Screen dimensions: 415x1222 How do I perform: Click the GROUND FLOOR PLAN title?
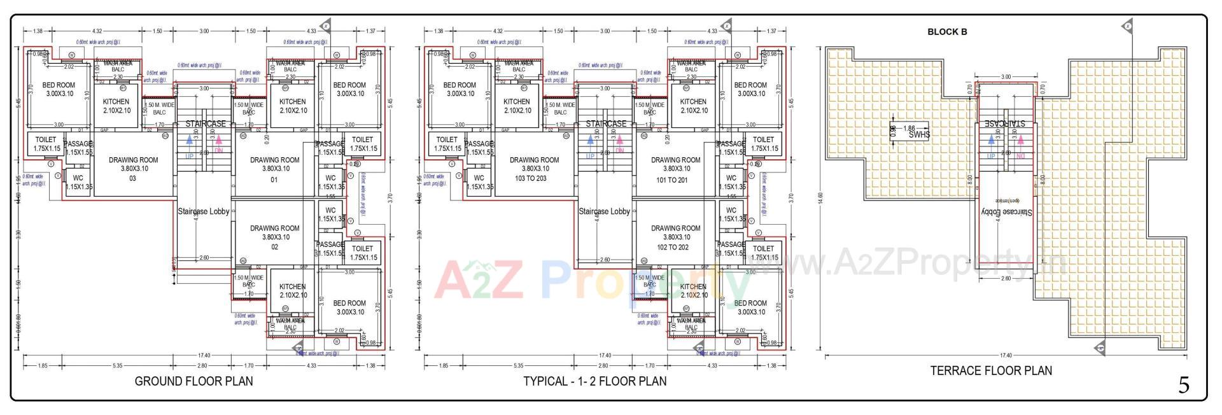tap(193, 381)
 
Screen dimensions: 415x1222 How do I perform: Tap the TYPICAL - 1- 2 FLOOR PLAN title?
tap(594, 381)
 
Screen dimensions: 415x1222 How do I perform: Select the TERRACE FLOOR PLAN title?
tap(990, 370)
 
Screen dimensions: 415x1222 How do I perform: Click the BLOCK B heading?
tap(947, 32)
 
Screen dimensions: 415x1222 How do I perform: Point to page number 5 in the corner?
tap(1183, 385)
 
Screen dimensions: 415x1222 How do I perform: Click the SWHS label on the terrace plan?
tap(919, 135)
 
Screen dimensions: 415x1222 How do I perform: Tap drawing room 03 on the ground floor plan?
tap(133, 169)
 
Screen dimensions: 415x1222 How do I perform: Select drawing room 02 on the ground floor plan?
tap(274, 237)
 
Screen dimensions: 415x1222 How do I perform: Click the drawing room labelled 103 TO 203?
tap(534, 169)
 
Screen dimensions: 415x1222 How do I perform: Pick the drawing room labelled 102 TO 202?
tap(675, 237)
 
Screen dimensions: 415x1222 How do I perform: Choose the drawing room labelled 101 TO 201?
tap(675, 169)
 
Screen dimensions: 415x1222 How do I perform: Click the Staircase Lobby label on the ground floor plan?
tap(203, 211)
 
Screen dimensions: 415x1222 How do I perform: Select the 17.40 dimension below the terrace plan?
tap(1006, 356)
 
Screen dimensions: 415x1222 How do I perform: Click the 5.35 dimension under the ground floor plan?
tap(117, 366)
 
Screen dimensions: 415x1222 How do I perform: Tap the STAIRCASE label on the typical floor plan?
tap(606, 123)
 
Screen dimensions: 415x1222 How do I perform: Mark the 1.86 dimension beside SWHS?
tap(909, 128)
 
